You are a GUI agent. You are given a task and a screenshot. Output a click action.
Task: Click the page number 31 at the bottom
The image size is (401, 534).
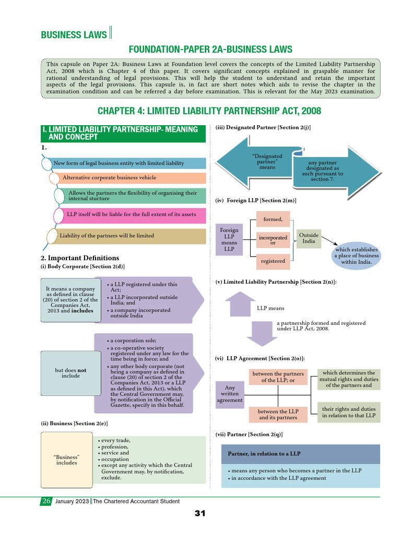[x=200, y=514]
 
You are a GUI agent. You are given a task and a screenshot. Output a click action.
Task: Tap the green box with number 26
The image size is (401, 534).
[x=46, y=501]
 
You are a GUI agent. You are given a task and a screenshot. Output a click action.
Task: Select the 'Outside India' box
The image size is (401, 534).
[x=309, y=238]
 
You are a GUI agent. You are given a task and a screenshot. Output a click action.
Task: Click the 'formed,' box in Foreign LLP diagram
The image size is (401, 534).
[x=273, y=219]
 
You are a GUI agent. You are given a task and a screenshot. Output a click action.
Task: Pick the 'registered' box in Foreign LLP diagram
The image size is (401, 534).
[x=273, y=260]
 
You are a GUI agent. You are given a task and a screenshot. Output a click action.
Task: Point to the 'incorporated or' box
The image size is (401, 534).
[x=273, y=240]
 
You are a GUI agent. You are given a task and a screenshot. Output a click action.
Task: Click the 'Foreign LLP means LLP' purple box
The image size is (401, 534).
[x=229, y=239]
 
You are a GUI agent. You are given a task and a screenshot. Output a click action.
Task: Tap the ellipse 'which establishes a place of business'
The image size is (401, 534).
[x=357, y=256]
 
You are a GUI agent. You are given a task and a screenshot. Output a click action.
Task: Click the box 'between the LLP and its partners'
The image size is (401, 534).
[x=278, y=415]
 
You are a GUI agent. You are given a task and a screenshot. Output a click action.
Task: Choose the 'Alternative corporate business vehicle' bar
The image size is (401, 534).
[x=128, y=178]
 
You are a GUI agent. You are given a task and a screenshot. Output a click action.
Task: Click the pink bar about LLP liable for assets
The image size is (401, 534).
[x=131, y=214]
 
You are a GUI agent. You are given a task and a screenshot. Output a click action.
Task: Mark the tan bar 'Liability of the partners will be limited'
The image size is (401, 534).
[x=128, y=236]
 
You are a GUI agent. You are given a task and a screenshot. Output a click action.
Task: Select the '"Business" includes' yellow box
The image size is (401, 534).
[x=66, y=459]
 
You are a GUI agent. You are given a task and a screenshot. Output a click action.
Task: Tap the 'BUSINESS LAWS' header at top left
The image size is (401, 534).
[x=74, y=35]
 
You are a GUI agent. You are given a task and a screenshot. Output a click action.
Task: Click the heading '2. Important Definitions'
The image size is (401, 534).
[x=79, y=258]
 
